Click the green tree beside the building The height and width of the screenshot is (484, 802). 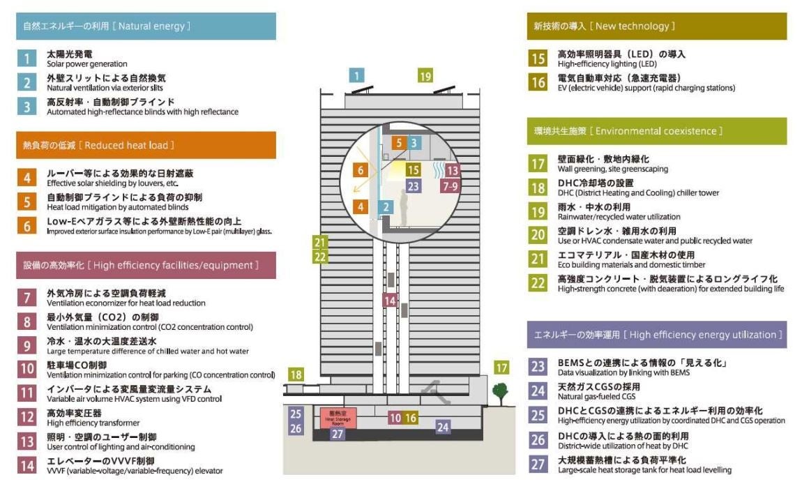[499, 393]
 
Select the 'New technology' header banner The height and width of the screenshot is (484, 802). [656, 26]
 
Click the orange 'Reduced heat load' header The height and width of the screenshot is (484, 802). [146, 145]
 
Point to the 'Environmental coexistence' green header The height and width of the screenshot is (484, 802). [656, 130]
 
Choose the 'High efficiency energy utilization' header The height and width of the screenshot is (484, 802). [656, 335]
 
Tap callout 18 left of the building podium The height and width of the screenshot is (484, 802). [296, 375]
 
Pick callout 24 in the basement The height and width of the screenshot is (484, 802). [443, 427]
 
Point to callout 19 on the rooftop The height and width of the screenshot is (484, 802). [425, 76]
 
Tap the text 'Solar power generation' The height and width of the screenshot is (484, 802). [86, 64]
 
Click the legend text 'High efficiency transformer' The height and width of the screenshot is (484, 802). [93, 423]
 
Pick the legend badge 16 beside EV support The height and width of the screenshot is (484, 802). [538, 82]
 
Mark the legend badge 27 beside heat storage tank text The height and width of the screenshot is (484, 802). [538, 465]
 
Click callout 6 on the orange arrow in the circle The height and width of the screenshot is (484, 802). [361, 169]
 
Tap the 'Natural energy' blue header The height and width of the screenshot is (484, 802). [146, 26]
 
